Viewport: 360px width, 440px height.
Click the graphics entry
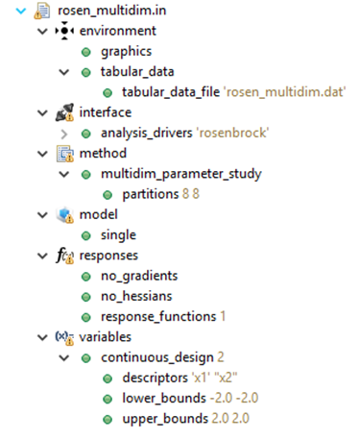[126, 52]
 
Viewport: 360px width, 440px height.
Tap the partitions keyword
[156, 194]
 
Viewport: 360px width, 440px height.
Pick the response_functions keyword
[157, 316]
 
